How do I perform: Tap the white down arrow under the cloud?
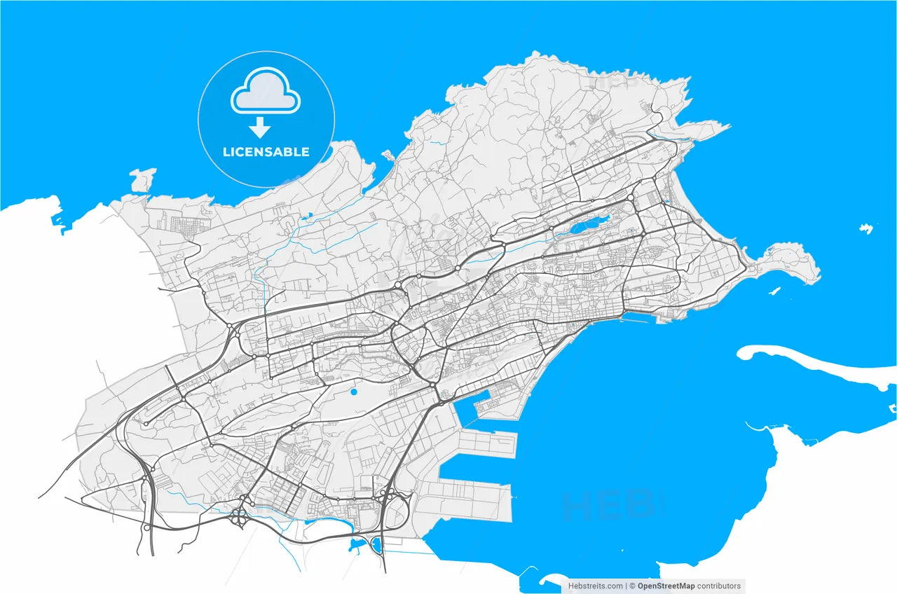click(261, 127)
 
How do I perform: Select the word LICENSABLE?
click(266, 152)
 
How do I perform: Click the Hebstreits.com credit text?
click(595, 586)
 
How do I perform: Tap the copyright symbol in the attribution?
click(632, 586)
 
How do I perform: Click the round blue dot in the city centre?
click(354, 392)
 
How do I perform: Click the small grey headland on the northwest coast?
click(143, 179)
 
